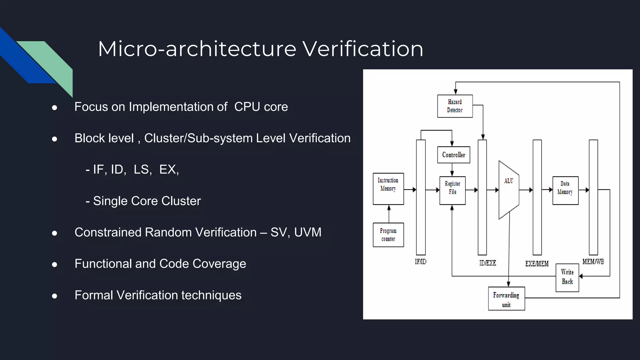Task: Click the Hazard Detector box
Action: coord(455,106)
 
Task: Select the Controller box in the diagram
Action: coord(453,155)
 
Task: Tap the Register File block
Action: coord(452,190)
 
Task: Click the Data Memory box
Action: coord(565,190)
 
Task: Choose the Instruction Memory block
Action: coord(388,188)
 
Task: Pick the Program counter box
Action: coord(388,235)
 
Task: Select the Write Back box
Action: coord(567,277)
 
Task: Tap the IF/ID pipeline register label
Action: coord(420,262)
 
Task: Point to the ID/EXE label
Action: coord(487,263)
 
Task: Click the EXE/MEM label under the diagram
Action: coord(537,264)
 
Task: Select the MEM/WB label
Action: coord(593,262)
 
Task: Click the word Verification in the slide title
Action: coord(362,49)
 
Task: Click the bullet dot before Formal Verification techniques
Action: coord(55,296)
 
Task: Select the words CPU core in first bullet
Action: coord(261,107)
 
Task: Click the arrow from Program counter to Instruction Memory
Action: coord(389,214)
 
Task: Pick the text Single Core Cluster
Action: coord(147,201)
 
